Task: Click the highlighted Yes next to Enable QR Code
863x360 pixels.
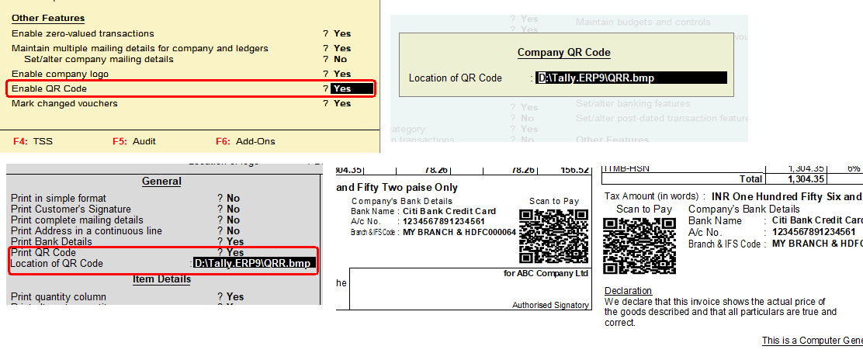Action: [342, 88]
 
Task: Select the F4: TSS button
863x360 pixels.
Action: [33, 141]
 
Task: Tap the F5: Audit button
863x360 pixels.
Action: [134, 141]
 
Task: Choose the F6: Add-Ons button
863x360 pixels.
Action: [245, 141]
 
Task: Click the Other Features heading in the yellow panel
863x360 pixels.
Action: [48, 18]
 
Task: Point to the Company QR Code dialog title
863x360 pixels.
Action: [564, 53]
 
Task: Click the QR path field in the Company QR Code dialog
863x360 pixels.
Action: [632, 78]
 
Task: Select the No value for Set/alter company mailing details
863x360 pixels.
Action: [340, 59]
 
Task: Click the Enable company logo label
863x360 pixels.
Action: [60, 74]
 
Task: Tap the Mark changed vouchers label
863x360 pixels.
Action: [64, 103]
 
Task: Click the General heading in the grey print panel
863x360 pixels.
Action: [161, 181]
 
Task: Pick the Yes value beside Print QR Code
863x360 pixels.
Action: [235, 252]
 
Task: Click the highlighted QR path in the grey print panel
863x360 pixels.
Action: [253, 264]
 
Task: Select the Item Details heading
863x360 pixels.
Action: [161, 279]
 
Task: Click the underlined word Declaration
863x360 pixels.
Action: [628, 291]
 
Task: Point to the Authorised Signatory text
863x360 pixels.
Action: [550, 305]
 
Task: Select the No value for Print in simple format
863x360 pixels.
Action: [233, 198]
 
